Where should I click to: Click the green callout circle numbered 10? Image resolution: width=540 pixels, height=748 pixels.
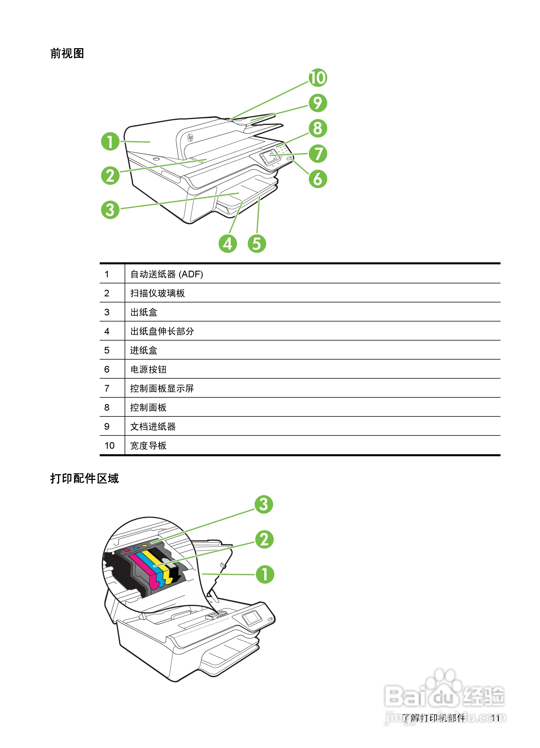coord(318,78)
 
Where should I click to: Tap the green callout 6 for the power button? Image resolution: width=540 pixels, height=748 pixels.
coord(318,179)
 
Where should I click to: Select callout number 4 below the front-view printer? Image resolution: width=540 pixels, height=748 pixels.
coord(228,244)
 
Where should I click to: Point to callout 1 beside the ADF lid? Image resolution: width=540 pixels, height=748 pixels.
coord(110,141)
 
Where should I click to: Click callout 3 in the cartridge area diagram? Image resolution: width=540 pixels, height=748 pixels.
coord(264,504)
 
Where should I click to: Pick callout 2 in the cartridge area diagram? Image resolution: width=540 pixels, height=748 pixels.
coord(265,540)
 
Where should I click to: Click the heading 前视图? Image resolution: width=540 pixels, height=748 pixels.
coord(67,53)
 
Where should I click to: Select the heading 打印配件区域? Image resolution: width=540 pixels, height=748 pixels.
coord(85,478)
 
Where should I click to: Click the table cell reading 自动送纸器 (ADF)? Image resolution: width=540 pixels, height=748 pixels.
coord(166,274)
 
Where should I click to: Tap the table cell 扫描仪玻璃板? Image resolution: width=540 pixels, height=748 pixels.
coord(157,293)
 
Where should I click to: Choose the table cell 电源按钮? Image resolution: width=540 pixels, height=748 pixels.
coord(148,369)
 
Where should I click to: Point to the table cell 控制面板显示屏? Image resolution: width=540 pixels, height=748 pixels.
coord(162,388)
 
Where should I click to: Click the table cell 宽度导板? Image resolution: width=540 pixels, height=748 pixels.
coord(148,446)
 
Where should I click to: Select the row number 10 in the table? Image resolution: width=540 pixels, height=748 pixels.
coord(109,446)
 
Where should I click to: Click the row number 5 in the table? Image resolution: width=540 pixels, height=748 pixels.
coord(107,350)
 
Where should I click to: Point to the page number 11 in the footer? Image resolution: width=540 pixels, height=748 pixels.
coord(495,718)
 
